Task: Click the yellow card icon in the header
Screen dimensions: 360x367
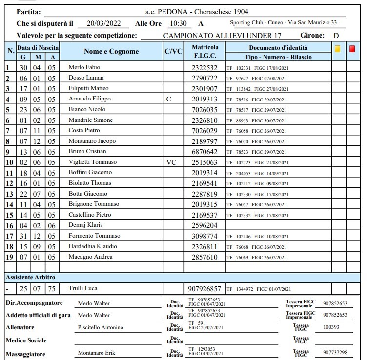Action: click(x=337, y=49)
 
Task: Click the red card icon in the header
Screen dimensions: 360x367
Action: click(x=352, y=49)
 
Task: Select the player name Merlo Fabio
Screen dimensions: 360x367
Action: click(x=84, y=67)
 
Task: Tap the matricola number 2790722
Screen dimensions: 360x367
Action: click(x=205, y=78)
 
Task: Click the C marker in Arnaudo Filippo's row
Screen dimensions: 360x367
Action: click(x=168, y=99)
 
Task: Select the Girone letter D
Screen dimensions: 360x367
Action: click(x=336, y=36)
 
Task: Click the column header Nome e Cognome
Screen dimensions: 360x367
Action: click(x=111, y=52)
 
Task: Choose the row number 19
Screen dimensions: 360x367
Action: click(x=8, y=257)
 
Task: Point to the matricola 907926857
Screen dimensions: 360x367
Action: click(x=205, y=289)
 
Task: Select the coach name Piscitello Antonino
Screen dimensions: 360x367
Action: click(x=101, y=327)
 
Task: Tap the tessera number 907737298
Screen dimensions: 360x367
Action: click(x=335, y=353)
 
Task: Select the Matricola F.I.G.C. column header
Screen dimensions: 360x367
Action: click(x=205, y=52)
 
